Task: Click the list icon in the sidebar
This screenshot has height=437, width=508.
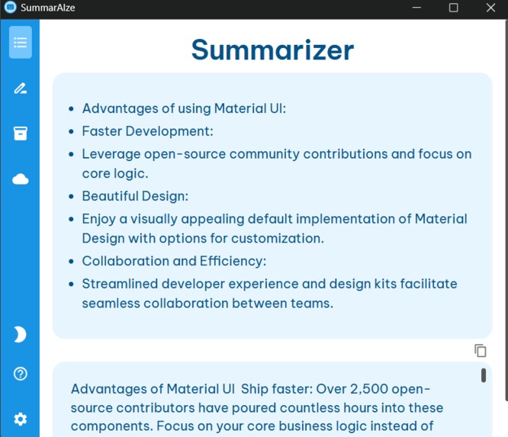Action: [21, 43]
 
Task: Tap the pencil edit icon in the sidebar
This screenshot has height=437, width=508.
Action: [21, 88]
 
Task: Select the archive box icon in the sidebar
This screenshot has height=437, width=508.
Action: [21, 133]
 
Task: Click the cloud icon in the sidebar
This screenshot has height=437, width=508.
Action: [21, 179]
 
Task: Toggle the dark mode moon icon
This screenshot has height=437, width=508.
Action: [20, 334]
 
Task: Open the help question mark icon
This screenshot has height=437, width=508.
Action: [21, 374]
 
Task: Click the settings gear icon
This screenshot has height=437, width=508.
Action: [21, 419]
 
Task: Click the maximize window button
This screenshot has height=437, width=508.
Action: [453, 8]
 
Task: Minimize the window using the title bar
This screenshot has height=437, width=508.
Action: [416, 8]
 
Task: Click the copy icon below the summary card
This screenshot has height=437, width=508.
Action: [481, 351]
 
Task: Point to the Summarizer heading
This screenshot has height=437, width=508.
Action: [272, 50]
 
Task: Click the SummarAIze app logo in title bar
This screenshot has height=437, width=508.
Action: [10, 8]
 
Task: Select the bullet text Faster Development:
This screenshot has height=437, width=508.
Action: [147, 131]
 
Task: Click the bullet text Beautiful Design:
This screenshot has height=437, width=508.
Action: [135, 196]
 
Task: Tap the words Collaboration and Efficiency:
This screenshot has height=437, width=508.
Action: [174, 261]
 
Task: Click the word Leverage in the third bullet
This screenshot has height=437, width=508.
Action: [111, 154]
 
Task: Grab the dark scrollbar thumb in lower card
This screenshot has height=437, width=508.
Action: [484, 375]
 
